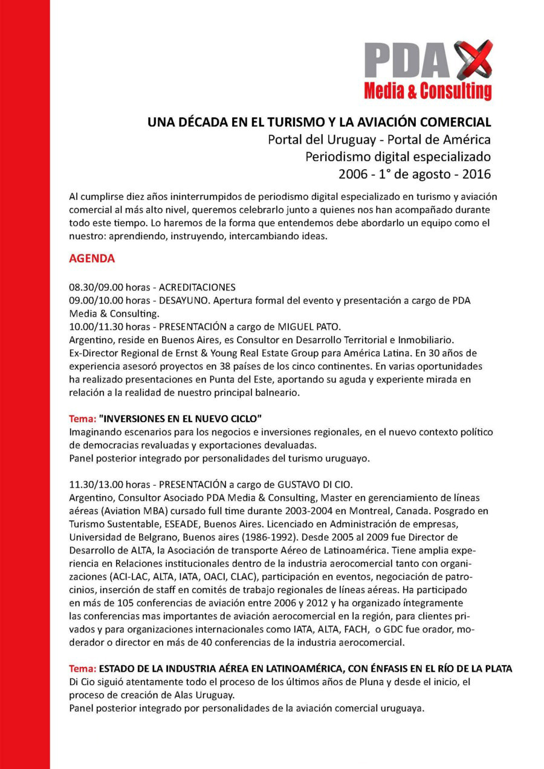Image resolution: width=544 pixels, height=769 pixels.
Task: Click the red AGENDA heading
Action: (x=92, y=259)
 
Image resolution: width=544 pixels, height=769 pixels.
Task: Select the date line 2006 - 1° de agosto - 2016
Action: (x=414, y=175)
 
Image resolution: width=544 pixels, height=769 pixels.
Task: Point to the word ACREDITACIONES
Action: (x=196, y=288)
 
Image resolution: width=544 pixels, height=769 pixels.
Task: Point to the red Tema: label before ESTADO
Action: (x=82, y=669)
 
